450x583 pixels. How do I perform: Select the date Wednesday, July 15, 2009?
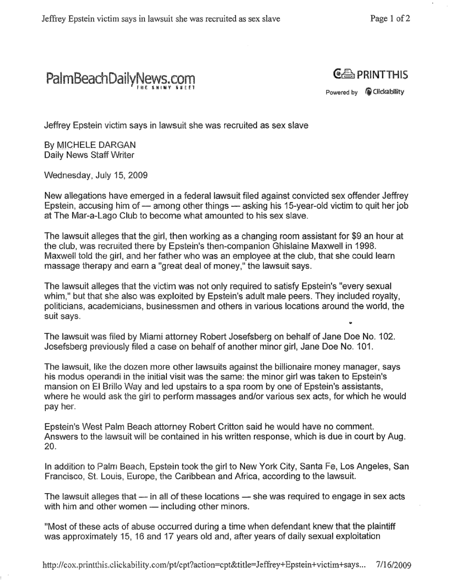pos(91,175)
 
